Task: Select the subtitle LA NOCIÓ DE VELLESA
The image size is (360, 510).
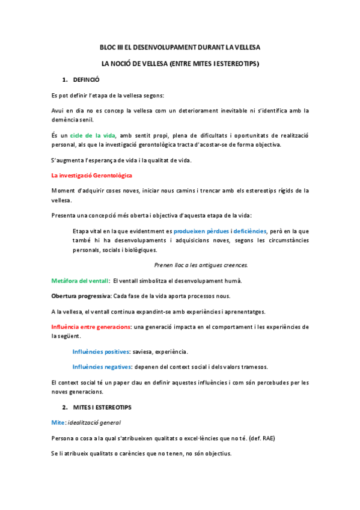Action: pyautogui.click(x=180, y=63)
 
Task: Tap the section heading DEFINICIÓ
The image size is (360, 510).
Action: pyautogui.click(x=86, y=79)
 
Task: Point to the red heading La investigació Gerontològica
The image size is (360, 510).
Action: pyautogui.click(x=91, y=175)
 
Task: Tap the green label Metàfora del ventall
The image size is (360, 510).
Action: pyautogui.click(x=79, y=281)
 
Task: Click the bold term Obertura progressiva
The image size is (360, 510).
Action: pyautogui.click(x=81, y=296)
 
